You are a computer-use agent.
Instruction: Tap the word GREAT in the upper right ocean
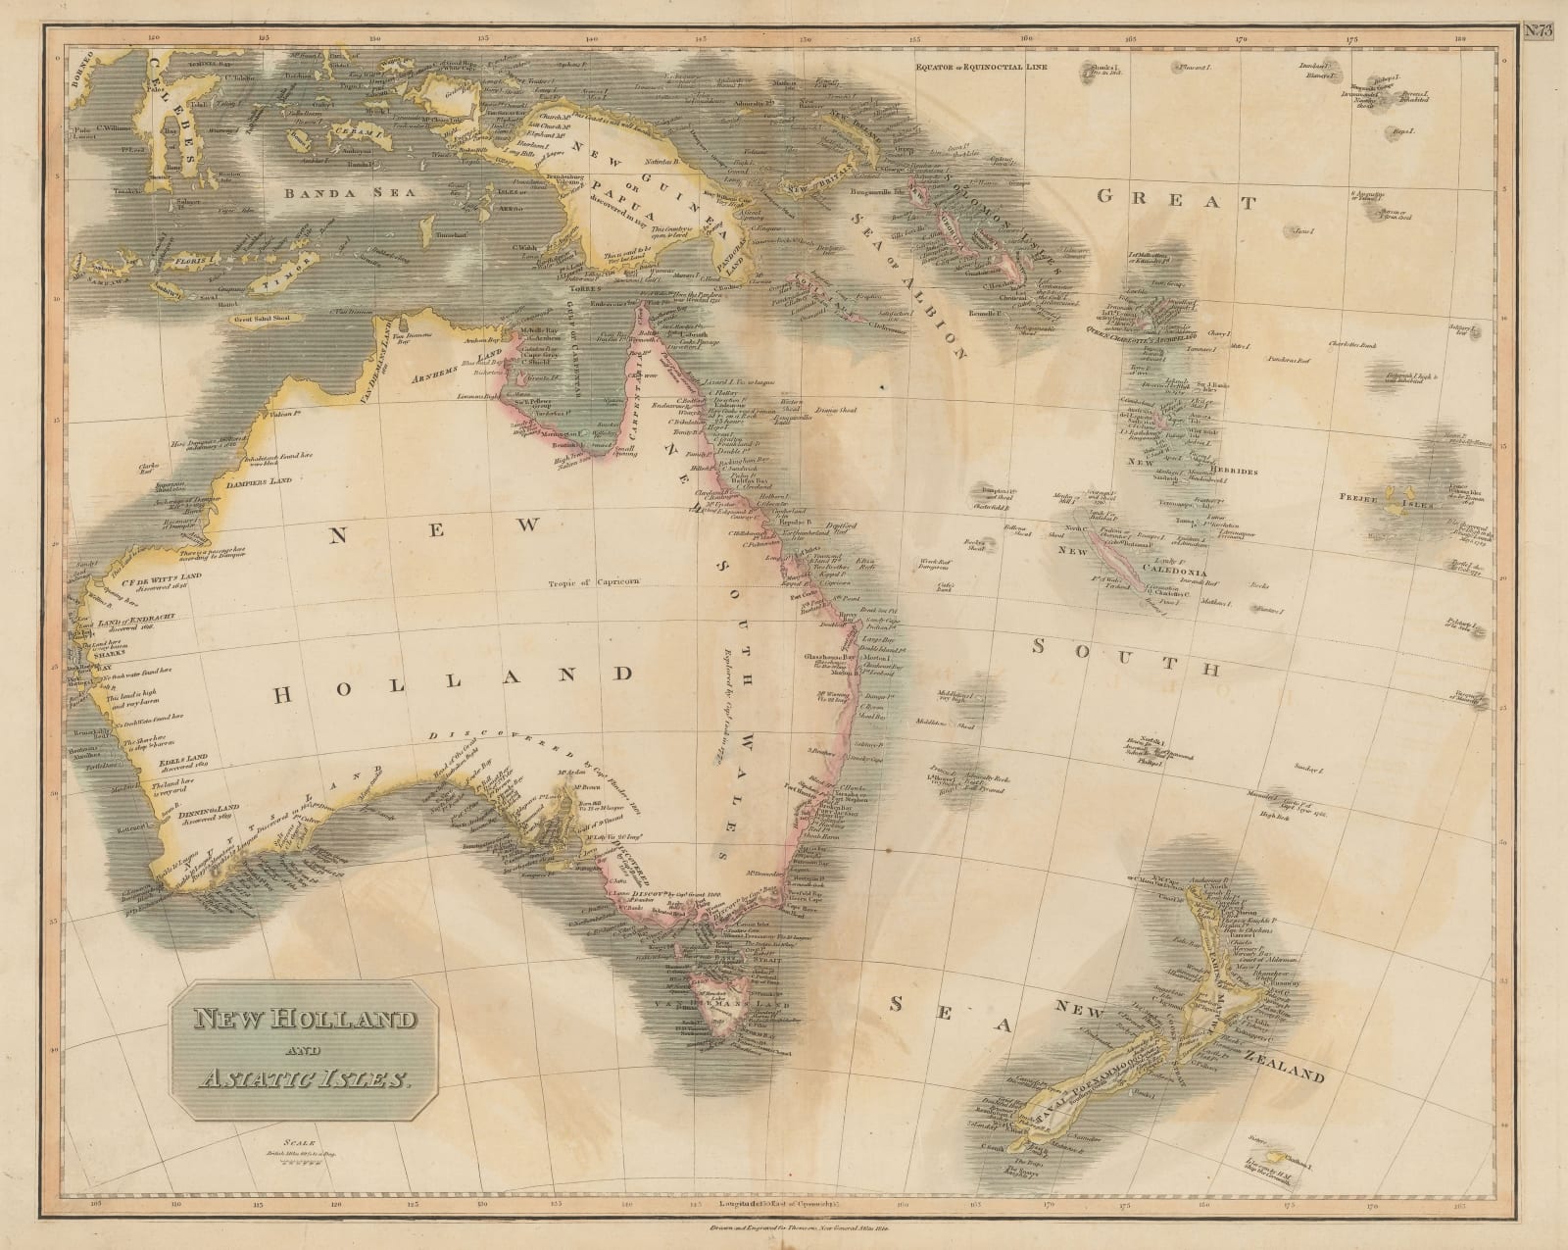click(1176, 201)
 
